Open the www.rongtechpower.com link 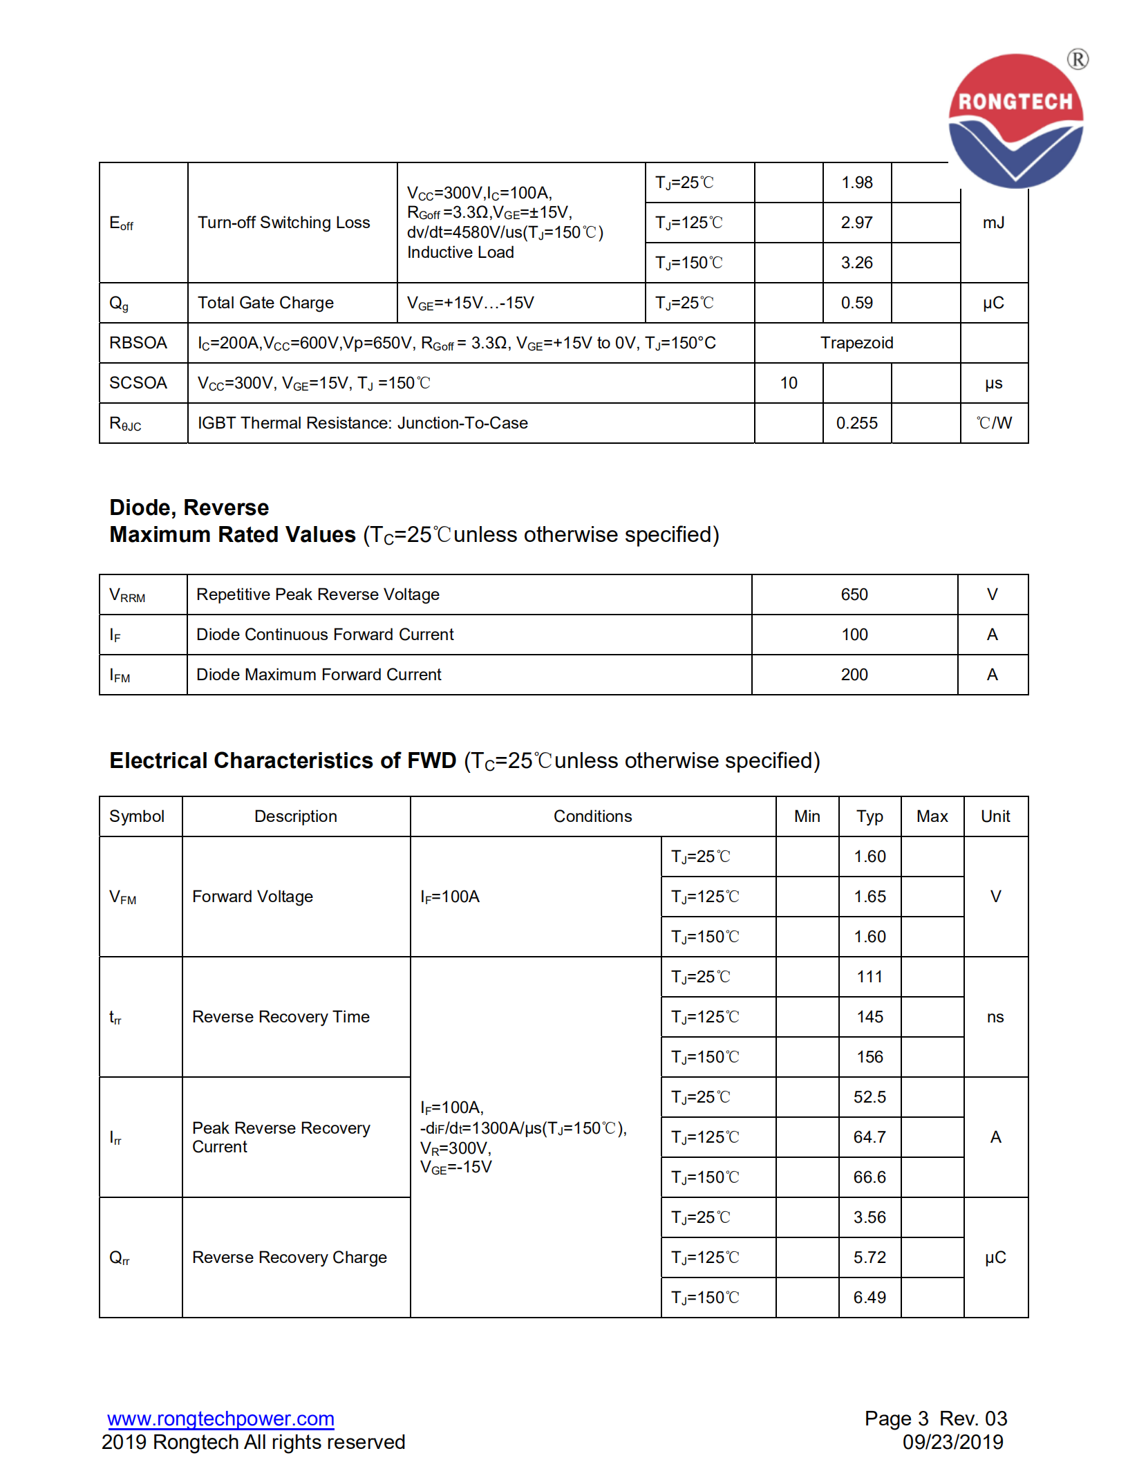click(220, 1418)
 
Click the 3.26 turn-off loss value click(856, 263)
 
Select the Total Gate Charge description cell click(265, 303)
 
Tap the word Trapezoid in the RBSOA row click(856, 343)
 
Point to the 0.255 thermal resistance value click(856, 423)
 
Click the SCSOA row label click(138, 383)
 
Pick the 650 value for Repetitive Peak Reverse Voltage click(854, 595)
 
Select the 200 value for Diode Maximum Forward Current click(854, 675)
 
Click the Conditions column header click(592, 816)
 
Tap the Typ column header click(869, 816)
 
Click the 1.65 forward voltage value click(869, 897)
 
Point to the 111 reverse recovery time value click(869, 977)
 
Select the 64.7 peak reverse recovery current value click(869, 1137)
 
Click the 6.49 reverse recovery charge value click(869, 1298)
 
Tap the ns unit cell click(995, 1017)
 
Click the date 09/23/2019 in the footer click(952, 1442)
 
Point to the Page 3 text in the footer click(896, 1419)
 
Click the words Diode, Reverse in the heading click(189, 507)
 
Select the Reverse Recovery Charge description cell click(289, 1257)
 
